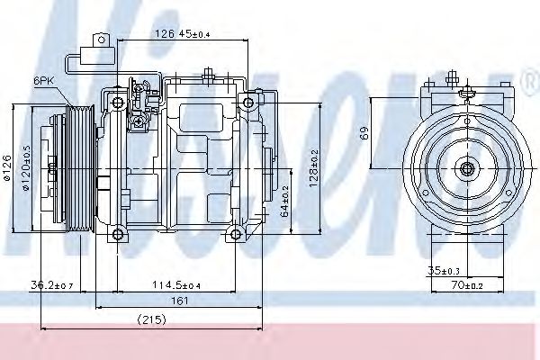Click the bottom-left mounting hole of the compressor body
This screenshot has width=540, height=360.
click(117, 236)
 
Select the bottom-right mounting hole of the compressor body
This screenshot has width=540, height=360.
click(236, 236)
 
